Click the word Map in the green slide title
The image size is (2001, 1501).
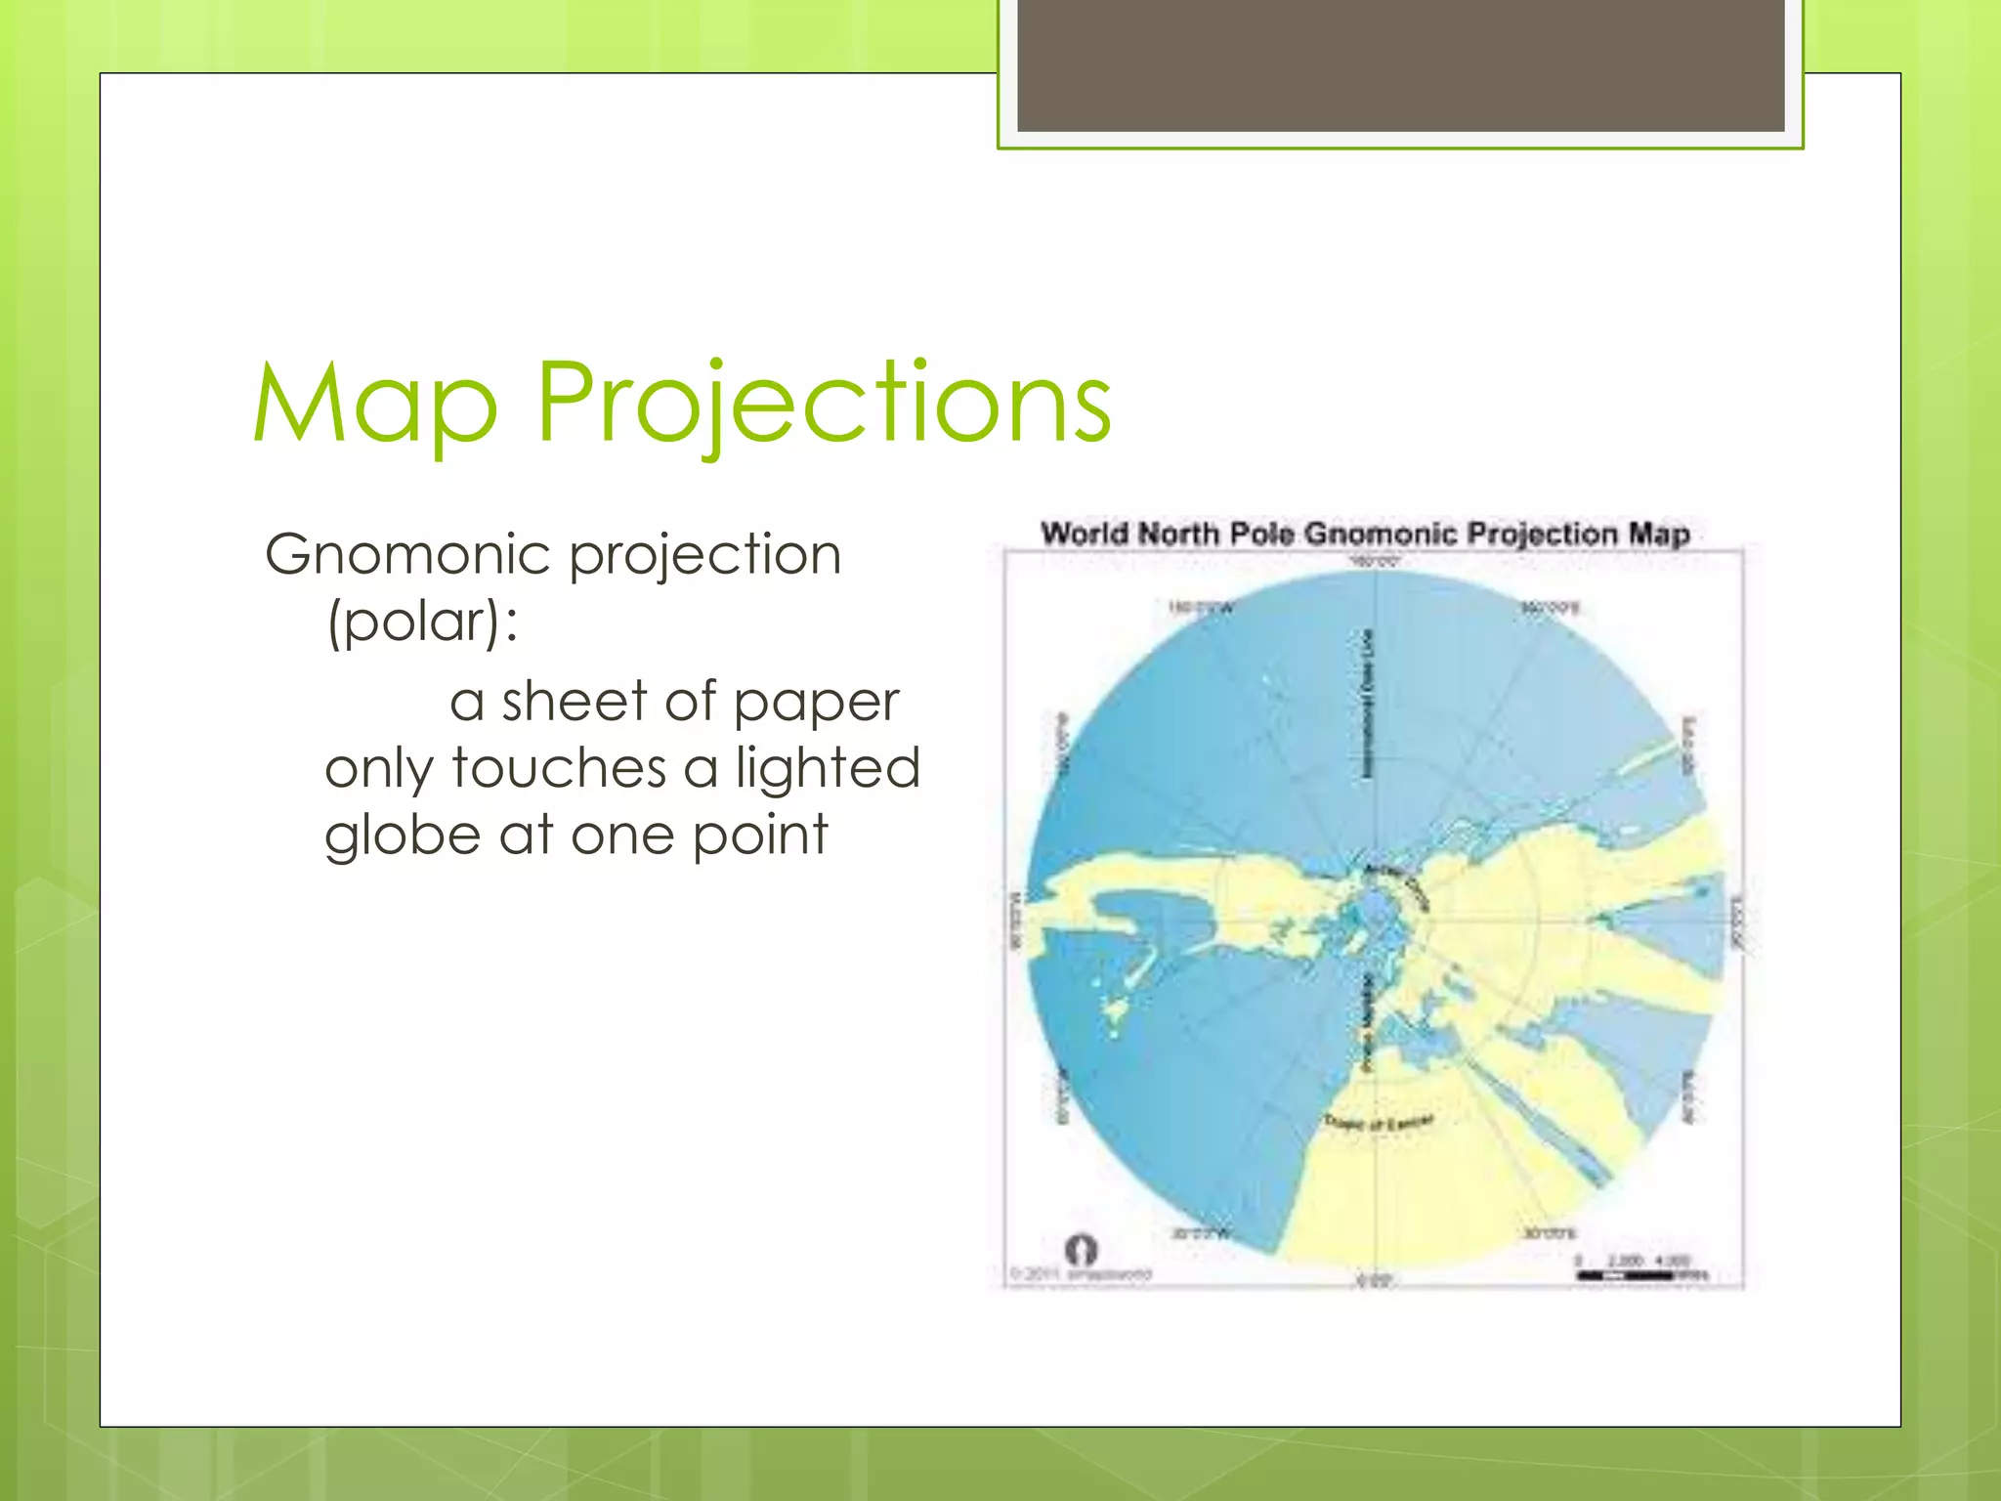point(375,403)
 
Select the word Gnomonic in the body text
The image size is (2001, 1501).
point(408,554)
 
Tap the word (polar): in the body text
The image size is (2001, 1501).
point(422,622)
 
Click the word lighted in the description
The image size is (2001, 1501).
point(828,767)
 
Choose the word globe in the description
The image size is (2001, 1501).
point(404,835)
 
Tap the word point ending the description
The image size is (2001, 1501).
point(760,836)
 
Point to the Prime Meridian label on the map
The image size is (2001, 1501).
point(1367,1022)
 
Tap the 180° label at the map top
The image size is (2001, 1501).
point(1376,562)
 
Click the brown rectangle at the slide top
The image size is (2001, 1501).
point(1400,65)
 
